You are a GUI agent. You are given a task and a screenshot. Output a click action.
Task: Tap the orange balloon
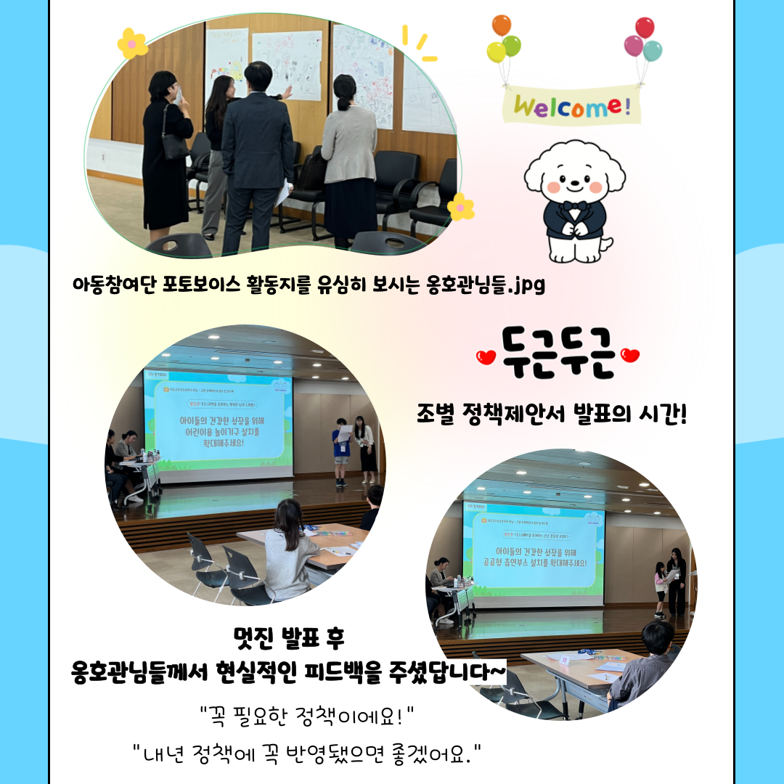click(501, 25)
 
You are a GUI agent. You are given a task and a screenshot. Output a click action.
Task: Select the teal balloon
click(653, 50)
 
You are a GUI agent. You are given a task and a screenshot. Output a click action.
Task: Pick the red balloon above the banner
click(644, 28)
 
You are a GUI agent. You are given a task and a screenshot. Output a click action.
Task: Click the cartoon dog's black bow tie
click(575, 206)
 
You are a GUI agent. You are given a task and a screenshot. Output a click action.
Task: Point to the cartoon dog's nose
click(574, 179)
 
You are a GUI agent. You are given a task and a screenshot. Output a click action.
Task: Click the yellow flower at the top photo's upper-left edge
click(132, 44)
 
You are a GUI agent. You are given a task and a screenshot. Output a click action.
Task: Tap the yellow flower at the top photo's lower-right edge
click(460, 207)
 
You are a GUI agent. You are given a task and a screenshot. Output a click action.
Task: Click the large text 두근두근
click(558, 354)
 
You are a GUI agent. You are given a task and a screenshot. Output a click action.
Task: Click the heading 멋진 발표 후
click(288, 639)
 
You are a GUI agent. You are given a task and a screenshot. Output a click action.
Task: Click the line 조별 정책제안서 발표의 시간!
click(552, 416)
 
